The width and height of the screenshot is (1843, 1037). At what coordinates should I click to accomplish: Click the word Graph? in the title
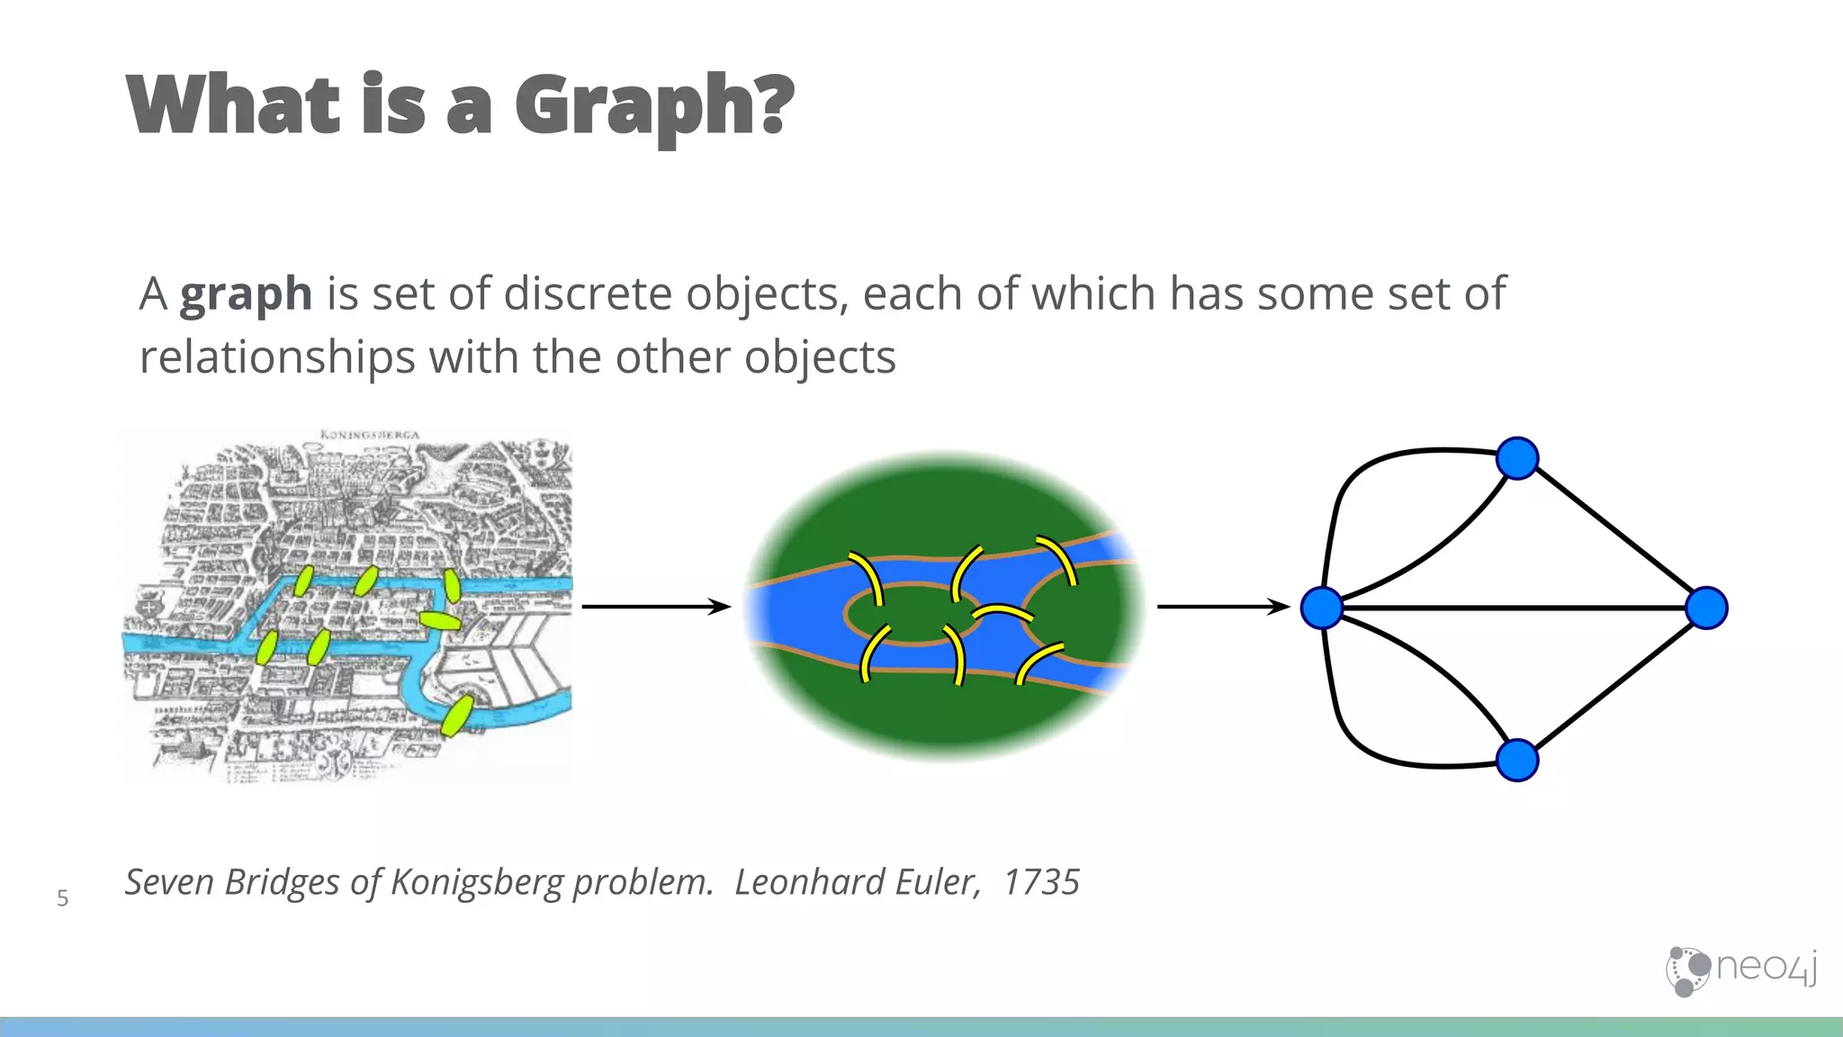pos(654,105)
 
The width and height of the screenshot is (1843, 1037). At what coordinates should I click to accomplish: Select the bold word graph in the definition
pos(246,294)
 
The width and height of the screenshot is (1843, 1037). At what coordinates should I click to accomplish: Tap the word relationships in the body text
pos(277,357)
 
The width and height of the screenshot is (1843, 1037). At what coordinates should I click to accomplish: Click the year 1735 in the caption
pos(1041,882)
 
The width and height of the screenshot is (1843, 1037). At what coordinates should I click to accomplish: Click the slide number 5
pos(62,898)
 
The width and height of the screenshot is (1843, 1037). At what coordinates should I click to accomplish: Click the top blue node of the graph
pos(1517,458)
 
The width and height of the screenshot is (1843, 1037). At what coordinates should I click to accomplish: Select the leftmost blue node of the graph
pos(1322,608)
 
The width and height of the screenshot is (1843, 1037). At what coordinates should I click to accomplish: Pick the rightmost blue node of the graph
pos(1706,608)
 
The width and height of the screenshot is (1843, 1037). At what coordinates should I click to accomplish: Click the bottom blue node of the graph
pos(1517,760)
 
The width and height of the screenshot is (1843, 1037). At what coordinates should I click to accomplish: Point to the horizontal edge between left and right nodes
pos(1512,609)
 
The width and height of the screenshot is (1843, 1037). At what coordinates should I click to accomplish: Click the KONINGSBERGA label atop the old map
pos(370,435)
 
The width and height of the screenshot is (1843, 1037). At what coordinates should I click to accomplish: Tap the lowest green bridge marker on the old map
pos(457,714)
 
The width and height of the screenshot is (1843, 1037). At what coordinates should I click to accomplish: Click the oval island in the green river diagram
pos(909,614)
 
